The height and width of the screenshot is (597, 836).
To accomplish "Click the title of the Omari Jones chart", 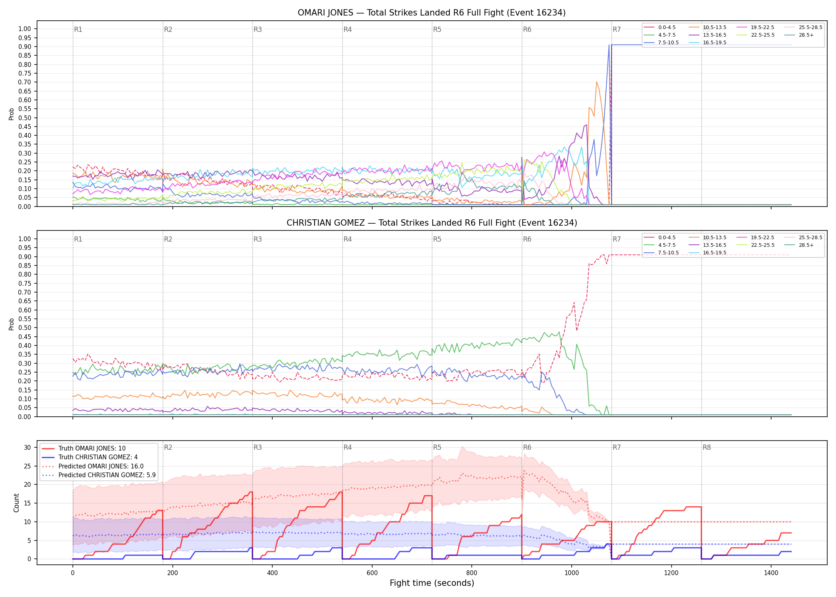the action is click(x=432, y=13).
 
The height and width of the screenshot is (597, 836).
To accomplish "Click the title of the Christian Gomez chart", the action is click(x=432, y=223).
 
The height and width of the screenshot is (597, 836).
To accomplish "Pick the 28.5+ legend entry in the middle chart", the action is click(x=799, y=245).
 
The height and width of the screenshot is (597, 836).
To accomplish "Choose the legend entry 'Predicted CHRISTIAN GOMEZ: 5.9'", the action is click(x=98, y=475).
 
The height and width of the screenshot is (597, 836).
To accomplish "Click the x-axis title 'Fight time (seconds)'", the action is click(x=432, y=583).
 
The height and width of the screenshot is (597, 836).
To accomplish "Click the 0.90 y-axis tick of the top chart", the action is click(x=25, y=47).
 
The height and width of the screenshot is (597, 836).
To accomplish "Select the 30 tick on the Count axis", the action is click(x=27, y=447).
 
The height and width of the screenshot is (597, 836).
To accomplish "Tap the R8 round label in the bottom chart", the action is click(x=707, y=447).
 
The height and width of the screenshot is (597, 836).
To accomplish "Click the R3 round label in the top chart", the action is click(x=258, y=29).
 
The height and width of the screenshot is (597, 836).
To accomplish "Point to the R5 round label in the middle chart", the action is click(x=437, y=239).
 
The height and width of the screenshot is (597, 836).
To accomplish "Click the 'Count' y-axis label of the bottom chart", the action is click(x=16, y=503).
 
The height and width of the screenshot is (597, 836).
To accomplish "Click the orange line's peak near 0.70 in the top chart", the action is click(x=596, y=82).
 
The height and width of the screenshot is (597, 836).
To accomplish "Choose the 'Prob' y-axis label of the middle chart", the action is click(x=12, y=324).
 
